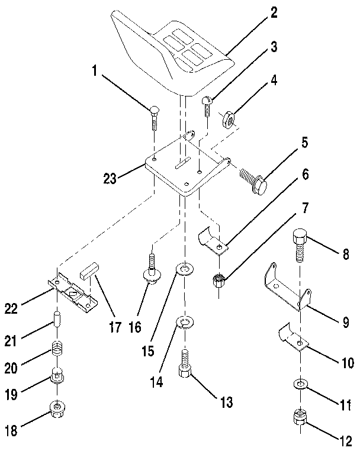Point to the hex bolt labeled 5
[x=253, y=179]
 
